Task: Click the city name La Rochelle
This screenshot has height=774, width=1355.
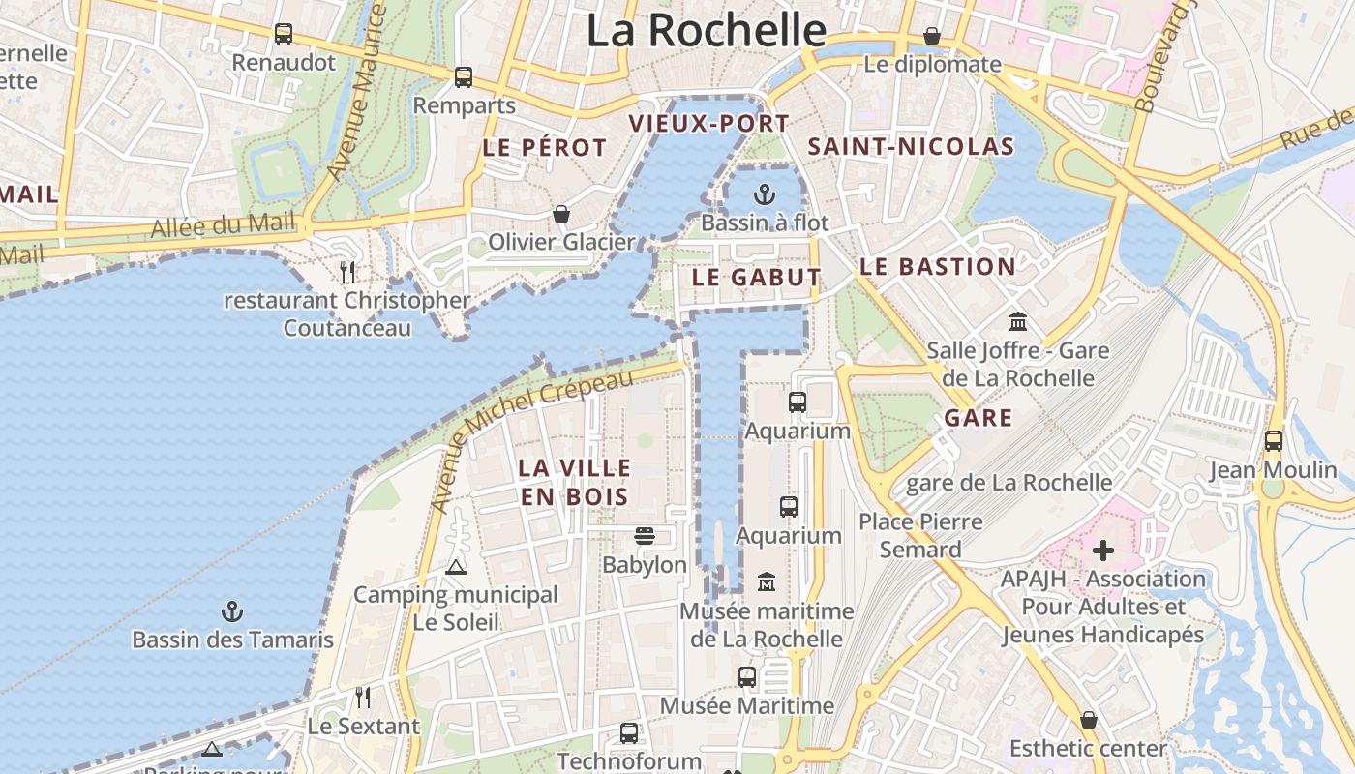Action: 707,30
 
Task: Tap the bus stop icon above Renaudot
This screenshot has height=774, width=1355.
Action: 284,34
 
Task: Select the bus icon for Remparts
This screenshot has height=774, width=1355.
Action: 464,77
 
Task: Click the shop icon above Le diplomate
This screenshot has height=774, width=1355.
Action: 932,36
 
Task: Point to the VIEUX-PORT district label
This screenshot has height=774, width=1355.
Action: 709,124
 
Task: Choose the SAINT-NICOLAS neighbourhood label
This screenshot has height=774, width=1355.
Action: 911,147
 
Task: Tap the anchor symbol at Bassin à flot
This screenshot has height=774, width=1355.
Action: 765,194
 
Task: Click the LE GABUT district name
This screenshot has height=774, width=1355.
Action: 756,278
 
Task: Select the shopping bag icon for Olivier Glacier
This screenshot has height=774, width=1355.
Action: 561,214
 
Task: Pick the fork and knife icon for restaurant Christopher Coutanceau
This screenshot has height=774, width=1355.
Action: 347,272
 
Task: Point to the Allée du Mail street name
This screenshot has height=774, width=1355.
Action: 223,224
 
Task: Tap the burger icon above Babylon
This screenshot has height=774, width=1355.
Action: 645,536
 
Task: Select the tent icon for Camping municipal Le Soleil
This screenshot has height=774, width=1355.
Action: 456,567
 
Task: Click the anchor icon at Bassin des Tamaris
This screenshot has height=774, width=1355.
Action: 232,611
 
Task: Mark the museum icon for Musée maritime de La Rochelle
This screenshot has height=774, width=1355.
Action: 767,582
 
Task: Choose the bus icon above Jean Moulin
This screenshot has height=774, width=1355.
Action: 1274,441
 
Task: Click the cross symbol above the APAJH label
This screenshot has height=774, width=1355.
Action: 1103,551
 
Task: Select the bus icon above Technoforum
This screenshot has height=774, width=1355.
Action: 629,733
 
